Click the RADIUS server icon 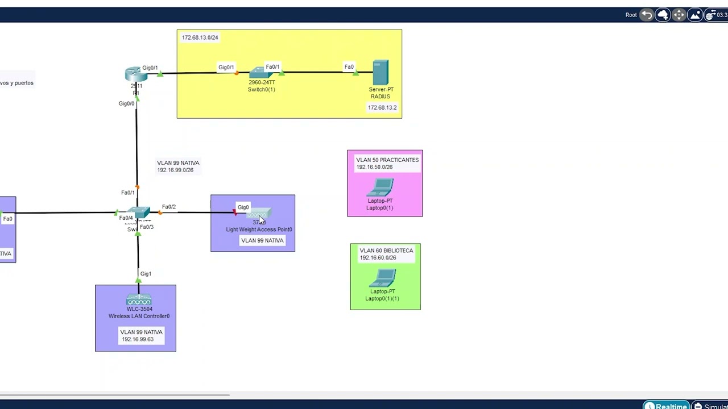click(x=380, y=73)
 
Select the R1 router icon click(x=136, y=74)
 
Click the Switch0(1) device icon click(x=260, y=73)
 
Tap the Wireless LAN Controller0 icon click(x=139, y=300)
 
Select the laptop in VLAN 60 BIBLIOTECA click(x=383, y=278)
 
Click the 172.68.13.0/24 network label click(x=200, y=37)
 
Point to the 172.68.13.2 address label click(x=382, y=107)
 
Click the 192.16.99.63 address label click(x=138, y=339)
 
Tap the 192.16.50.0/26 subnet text click(x=374, y=167)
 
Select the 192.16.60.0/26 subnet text click(x=378, y=257)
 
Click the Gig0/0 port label click(x=126, y=103)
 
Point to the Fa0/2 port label click(x=169, y=207)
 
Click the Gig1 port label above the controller click(x=146, y=274)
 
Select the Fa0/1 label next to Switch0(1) click(x=272, y=67)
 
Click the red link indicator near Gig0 click(x=235, y=213)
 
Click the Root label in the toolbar click(x=631, y=15)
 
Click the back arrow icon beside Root click(x=647, y=15)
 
